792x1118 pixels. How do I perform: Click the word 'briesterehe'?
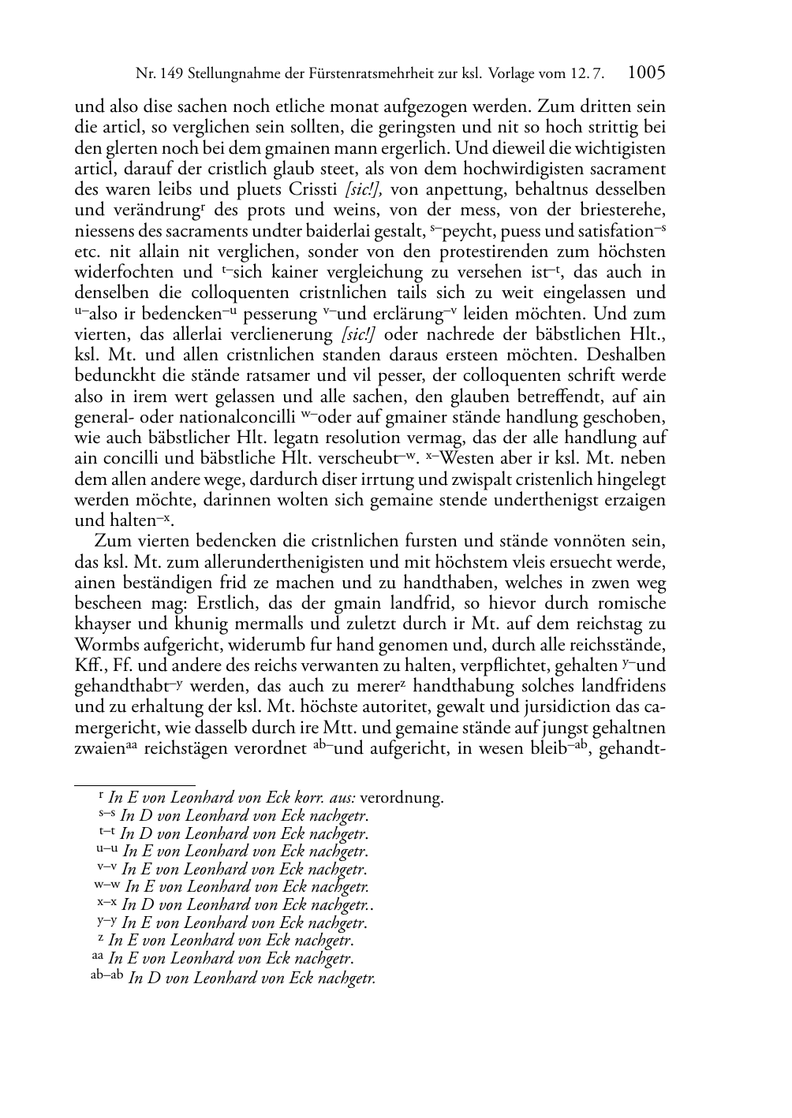coord(626,211)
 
